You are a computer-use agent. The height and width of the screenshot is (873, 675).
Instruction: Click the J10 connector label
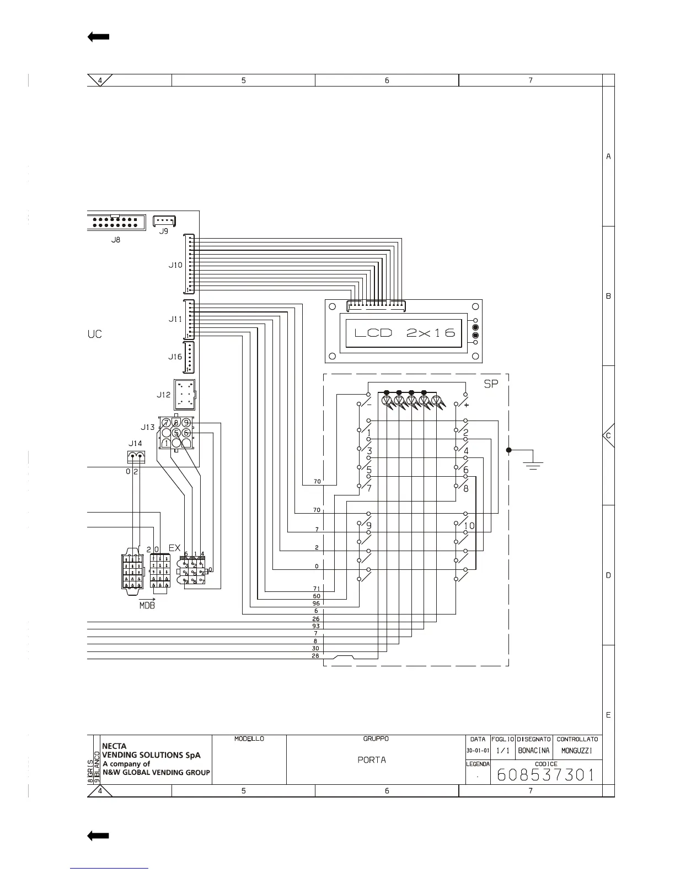click(x=175, y=265)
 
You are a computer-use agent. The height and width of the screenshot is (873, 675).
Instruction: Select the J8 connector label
click(x=116, y=240)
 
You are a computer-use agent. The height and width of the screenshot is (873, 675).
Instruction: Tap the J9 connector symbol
click(x=164, y=220)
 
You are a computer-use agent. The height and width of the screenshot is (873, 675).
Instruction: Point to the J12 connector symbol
click(x=185, y=395)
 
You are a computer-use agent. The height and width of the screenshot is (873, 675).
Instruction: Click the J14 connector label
click(x=135, y=443)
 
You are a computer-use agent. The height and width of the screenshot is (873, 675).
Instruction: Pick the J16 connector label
click(x=175, y=357)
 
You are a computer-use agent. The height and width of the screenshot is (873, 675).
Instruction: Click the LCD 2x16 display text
click(x=404, y=332)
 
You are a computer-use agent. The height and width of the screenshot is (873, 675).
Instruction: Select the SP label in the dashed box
click(x=490, y=384)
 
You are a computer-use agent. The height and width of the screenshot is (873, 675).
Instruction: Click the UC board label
click(x=95, y=335)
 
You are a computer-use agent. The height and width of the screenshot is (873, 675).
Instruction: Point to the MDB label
click(x=147, y=606)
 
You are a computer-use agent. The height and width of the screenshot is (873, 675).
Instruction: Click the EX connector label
click(x=174, y=548)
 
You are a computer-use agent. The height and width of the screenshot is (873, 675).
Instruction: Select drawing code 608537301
click(x=545, y=775)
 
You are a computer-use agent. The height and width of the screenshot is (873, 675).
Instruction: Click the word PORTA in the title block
click(x=372, y=760)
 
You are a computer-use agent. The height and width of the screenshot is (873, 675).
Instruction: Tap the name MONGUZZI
click(x=577, y=751)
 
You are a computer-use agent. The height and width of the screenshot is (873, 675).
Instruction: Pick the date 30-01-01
click(x=478, y=751)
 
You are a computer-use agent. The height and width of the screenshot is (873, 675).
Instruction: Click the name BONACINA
click(x=534, y=751)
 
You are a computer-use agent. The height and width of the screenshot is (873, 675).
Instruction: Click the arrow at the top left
click(x=98, y=37)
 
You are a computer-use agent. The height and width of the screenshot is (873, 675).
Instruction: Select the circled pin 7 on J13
click(x=166, y=423)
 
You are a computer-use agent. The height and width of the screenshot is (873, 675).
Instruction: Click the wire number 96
click(x=317, y=603)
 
